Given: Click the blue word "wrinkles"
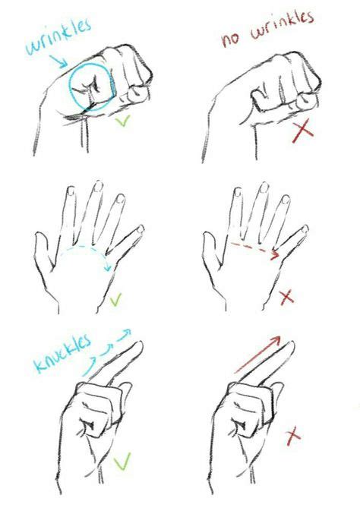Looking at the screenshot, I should tap(58, 38).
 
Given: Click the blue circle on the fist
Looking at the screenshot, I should tap(91, 85).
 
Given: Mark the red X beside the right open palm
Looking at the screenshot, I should tap(286, 297).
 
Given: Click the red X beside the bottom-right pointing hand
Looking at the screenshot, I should tap(292, 436).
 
